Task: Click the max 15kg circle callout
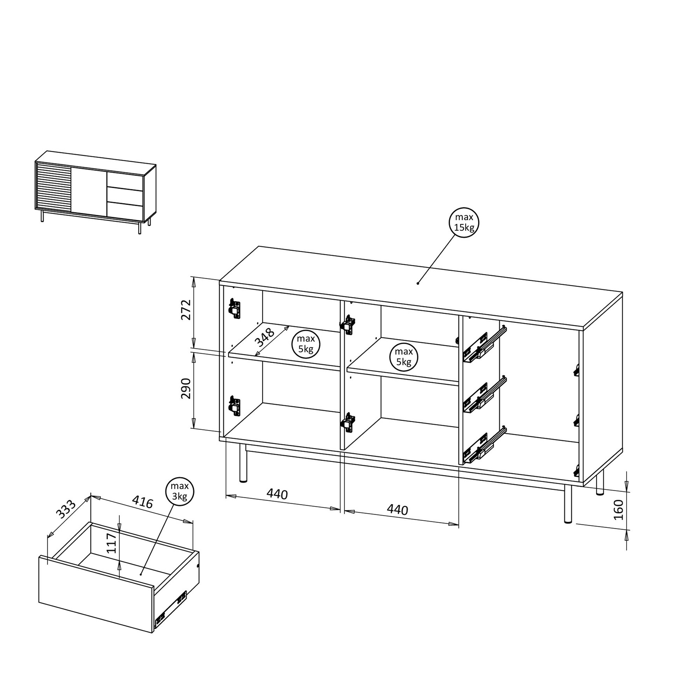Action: click(464, 223)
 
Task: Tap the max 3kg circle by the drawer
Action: click(180, 492)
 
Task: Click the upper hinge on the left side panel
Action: click(234, 308)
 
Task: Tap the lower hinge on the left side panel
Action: click(234, 406)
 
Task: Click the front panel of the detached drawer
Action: click(96, 594)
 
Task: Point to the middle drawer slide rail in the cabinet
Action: click(484, 395)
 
